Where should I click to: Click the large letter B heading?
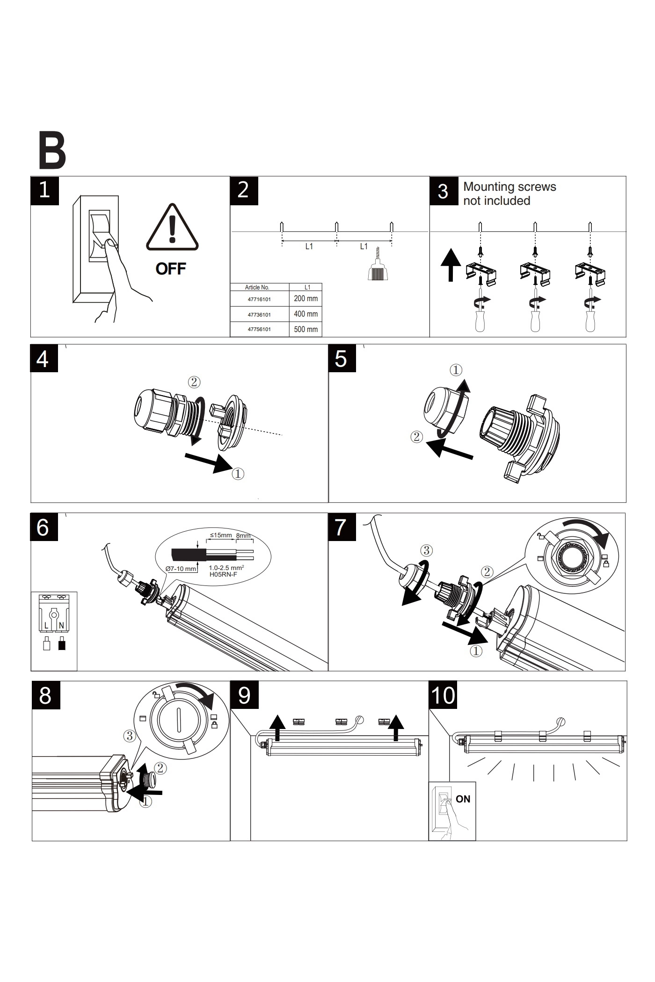point(52,152)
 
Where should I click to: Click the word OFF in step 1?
point(171,269)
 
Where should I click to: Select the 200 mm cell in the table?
point(306,298)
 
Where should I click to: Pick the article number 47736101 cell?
point(259,315)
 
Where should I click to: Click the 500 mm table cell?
point(306,329)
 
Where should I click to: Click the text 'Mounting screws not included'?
point(509,194)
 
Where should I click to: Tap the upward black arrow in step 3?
point(451,264)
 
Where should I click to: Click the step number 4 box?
point(44,359)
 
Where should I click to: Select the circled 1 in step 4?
point(238,474)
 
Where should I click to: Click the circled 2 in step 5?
point(416,437)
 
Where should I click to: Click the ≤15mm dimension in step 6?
point(220,535)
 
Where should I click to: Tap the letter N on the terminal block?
point(61,625)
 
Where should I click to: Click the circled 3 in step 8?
point(130,736)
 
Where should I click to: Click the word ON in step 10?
point(463,799)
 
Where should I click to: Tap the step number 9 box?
point(244,695)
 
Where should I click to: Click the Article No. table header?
point(257,287)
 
